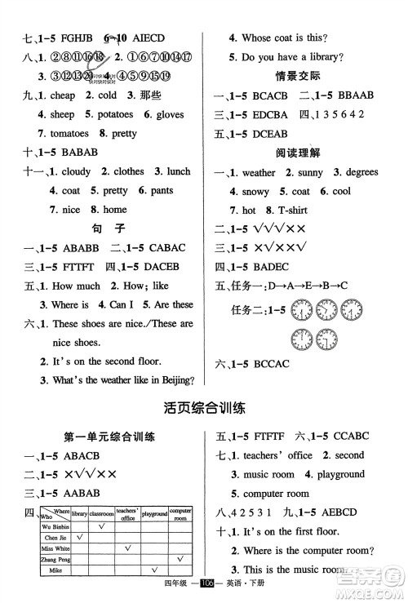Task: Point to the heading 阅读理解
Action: click(x=308, y=152)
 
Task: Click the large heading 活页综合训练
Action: click(x=204, y=408)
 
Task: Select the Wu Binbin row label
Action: click(x=52, y=526)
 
